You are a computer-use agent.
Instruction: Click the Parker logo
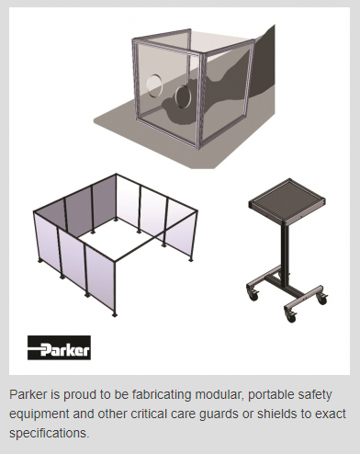59,347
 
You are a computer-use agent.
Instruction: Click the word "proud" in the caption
81,395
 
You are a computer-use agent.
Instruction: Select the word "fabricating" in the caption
162,394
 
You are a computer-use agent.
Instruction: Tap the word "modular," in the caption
219,394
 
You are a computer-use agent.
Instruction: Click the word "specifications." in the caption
50,434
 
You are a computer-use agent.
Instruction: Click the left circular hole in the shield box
154,86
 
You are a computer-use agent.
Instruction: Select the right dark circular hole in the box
183,97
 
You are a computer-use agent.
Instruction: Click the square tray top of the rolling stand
287,200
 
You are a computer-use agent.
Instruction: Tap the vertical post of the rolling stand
286,251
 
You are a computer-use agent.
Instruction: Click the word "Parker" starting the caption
28,394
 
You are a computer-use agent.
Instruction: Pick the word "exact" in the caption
332,414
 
